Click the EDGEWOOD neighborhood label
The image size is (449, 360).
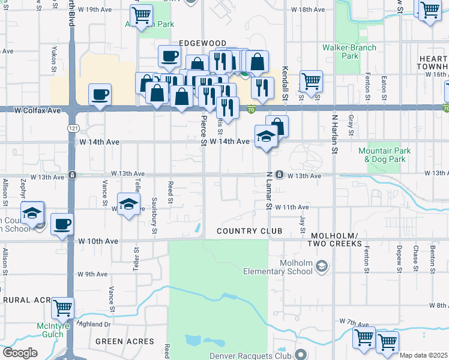pyautogui.click(x=202, y=43)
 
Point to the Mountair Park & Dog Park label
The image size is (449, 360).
pyautogui.click(x=382, y=155)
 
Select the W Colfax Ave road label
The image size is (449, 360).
pyautogui.click(x=38, y=110)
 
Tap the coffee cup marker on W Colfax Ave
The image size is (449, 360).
pyautogui.click(x=100, y=94)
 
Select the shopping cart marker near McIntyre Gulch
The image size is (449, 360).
pyautogui.click(x=62, y=308)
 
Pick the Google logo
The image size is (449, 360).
pyautogui.click(x=20, y=353)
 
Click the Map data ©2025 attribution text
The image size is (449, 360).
pyautogui.click(x=423, y=355)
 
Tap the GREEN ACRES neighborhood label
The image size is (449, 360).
pyautogui.click(x=125, y=341)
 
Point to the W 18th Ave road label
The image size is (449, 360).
pyautogui.click(x=307, y=10)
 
